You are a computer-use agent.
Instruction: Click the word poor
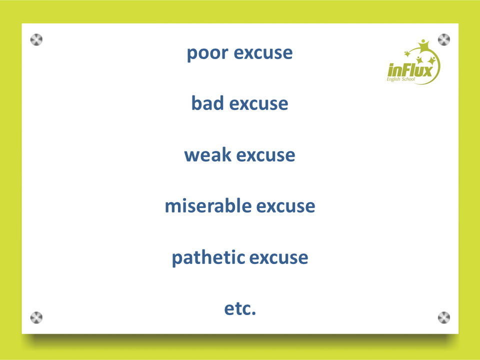pyautogui.click(x=207, y=53)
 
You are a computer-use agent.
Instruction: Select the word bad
pyautogui.click(x=207, y=103)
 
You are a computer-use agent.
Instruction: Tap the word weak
pyautogui.click(x=207, y=154)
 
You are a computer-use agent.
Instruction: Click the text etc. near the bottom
pyautogui.click(x=240, y=308)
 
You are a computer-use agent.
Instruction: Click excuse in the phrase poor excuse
pyautogui.click(x=263, y=53)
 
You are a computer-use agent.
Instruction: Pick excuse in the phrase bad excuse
pyautogui.click(x=258, y=104)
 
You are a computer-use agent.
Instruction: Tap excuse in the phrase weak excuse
pyautogui.click(x=265, y=155)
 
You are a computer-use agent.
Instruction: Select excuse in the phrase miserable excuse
pyautogui.click(x=285, y=206)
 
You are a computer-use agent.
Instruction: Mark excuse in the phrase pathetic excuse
pyautogui.click(x=279, y=258)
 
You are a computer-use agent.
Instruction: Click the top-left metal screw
pyautogui.click(x=36, y=39)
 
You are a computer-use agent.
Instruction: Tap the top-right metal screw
pyautogui.click(x=444, y=39)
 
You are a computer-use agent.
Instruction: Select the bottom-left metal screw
pyautogui.click(x=36, y=317)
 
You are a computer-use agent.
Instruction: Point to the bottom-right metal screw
pyautogui.click(x=444, y=317)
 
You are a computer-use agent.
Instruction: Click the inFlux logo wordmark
pyautogui.click(x=410, y=70)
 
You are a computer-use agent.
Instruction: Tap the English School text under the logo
pyautogui.click(x=400, y=79)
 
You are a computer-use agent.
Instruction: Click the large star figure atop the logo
pyautogui.click(x=423, y=46)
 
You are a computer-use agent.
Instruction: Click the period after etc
pyautogui.click(x=253, y=313)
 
